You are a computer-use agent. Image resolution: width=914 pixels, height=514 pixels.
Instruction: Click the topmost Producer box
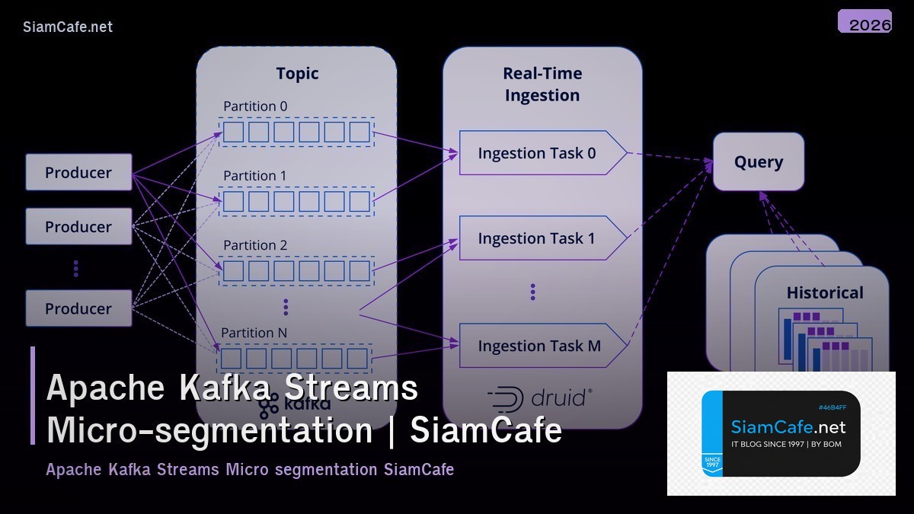click(78, 172)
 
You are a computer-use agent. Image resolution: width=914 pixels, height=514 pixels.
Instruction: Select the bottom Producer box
click(78, 308)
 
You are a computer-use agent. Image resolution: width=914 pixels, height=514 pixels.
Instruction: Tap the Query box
click(758, 161)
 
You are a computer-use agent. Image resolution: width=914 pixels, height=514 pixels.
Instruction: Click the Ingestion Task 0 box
click(537, 153)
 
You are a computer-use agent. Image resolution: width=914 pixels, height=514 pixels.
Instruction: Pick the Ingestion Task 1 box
click(537, 238)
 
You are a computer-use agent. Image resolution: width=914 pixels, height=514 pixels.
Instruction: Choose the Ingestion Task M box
click(539, 346)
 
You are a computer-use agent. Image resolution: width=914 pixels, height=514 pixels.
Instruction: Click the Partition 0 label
click(255, 107)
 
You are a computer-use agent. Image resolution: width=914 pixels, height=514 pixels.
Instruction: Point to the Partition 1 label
click(255, 176)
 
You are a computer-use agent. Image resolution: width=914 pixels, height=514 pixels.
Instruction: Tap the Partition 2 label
click(255, 245)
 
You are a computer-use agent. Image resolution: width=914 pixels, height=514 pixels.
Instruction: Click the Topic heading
click(297, 74)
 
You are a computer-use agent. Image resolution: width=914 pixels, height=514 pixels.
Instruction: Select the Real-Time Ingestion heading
click(542, 85)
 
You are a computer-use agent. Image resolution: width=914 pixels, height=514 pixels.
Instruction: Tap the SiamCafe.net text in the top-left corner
click(68, 27)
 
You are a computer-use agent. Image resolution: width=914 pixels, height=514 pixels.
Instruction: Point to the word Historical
click(825, 293)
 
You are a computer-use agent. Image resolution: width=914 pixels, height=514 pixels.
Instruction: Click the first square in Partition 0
click(233, 132)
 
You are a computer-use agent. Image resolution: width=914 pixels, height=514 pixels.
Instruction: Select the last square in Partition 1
click(359, 202)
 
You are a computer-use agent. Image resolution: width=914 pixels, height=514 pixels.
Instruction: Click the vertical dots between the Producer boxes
click(75, 268)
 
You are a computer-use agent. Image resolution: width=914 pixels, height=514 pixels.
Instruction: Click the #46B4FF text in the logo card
click(832, 407)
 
